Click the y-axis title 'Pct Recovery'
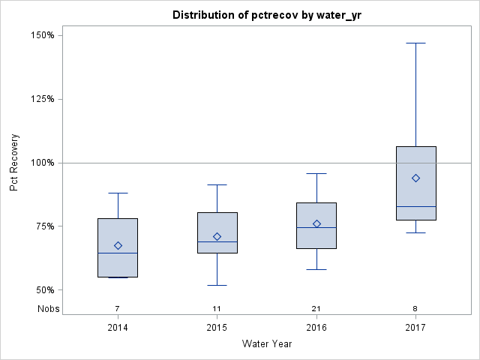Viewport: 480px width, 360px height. click(14, 163)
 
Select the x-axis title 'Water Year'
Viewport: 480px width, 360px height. click(266, 344)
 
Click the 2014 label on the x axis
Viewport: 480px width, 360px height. click(118, 328)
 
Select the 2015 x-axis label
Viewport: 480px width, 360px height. click(217, 328)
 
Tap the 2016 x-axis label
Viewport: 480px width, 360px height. click(316, 328)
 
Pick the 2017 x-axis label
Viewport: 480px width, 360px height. click(415, 328)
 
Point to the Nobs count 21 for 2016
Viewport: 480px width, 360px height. click(316, 309)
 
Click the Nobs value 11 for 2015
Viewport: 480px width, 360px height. click(217, 309)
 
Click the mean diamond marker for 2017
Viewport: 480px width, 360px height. click(415, 178)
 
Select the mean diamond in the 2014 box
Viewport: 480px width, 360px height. click(118, 245)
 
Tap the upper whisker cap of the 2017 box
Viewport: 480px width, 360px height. click(415, 43)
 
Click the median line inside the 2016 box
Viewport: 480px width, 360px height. click(316, 227)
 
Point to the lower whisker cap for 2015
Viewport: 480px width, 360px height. click(217, 285)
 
